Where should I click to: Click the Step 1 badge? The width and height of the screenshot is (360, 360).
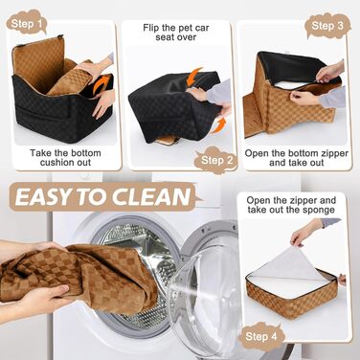26,22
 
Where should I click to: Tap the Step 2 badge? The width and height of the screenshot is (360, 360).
217,160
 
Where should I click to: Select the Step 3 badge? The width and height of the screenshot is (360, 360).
327,26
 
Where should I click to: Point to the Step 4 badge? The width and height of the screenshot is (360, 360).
261,336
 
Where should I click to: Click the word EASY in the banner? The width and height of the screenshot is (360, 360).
44,197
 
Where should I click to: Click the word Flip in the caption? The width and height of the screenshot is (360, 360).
149,28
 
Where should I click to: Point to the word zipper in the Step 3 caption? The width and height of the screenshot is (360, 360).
333,153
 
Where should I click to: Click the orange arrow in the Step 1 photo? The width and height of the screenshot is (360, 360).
101,84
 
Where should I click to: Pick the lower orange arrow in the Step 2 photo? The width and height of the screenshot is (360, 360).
219,125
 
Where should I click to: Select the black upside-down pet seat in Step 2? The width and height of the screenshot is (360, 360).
174,108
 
